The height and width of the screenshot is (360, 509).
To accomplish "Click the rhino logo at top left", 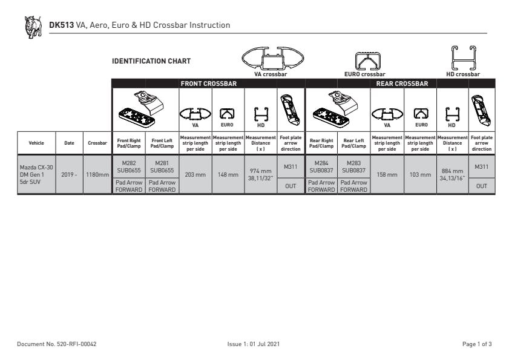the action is click(33, 27).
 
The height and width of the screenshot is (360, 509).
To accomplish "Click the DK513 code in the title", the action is click(61, 25).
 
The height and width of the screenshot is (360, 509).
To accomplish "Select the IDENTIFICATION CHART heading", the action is click(151, 61).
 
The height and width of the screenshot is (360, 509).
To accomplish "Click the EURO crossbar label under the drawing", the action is click(365, 74).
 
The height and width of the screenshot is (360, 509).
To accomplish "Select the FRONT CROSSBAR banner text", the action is click(209, 83).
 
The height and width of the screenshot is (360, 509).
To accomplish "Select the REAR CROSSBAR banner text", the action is click(402, 83).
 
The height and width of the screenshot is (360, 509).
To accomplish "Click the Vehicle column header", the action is click(36, 143).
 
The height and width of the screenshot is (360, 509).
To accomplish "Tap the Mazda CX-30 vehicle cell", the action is click(36, 175).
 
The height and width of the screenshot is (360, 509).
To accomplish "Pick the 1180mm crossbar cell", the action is click(97, 175).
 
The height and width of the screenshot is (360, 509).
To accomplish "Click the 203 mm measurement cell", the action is click(195, 175).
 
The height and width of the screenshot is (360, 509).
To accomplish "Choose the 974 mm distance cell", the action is click(260, 175).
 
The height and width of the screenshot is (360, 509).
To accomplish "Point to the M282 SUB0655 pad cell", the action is click(129, 167).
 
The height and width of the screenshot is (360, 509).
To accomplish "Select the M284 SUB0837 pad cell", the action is click(321, 167).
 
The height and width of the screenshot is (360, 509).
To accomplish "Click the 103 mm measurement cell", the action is click(420, 175).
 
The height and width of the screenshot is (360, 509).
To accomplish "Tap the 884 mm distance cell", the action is click(452, 175).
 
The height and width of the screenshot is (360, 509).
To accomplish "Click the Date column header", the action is click(69, 143).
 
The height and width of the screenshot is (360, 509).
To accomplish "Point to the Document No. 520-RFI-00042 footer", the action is click(57, 344).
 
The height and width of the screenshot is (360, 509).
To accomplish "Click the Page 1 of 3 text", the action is click(477, 344).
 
